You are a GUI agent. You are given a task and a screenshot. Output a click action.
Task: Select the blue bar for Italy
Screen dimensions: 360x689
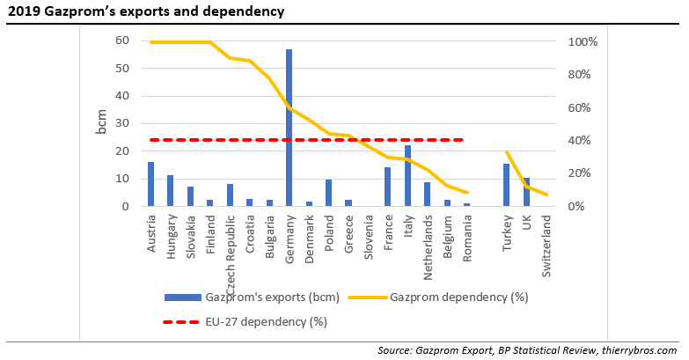(407, 176)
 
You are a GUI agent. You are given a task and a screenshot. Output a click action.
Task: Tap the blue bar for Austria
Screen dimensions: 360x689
(150, 184)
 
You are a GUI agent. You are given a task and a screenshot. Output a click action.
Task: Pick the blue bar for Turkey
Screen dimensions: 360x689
(507, 185)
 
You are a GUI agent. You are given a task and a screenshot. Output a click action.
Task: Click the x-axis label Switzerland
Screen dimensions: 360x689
(546, 247)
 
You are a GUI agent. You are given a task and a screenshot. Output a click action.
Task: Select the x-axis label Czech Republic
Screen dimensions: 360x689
(230, 251)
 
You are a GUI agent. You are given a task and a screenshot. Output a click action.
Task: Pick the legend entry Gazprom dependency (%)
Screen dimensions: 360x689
(458, 297)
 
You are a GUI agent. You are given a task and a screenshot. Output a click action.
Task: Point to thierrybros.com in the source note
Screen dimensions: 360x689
(635, 350)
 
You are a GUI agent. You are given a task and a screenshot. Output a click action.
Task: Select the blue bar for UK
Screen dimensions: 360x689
(527, 192)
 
